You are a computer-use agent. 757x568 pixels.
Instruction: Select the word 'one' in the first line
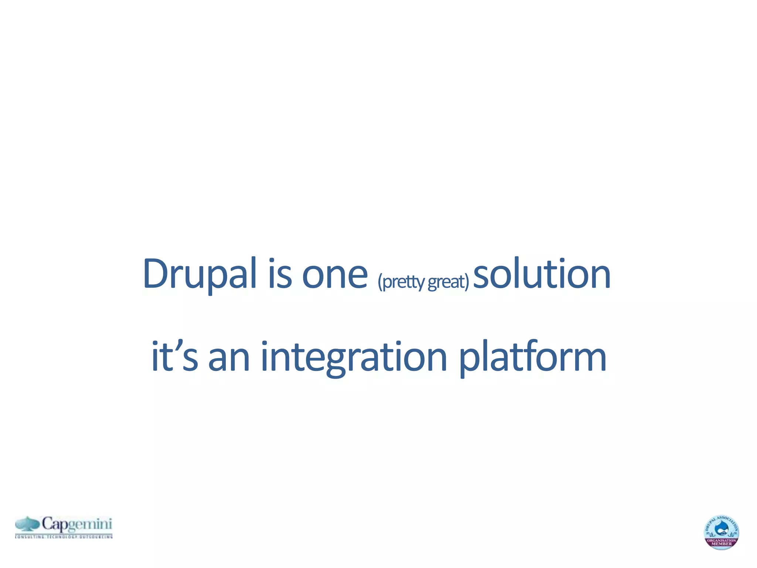pos(335,276)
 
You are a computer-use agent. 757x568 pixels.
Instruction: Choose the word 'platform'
pos(532,357)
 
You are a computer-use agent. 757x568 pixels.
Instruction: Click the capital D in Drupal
pos(155,274)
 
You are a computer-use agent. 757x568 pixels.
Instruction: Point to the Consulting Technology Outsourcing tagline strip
pos(64,536)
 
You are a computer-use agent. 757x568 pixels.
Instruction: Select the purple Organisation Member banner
pos(721,542)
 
